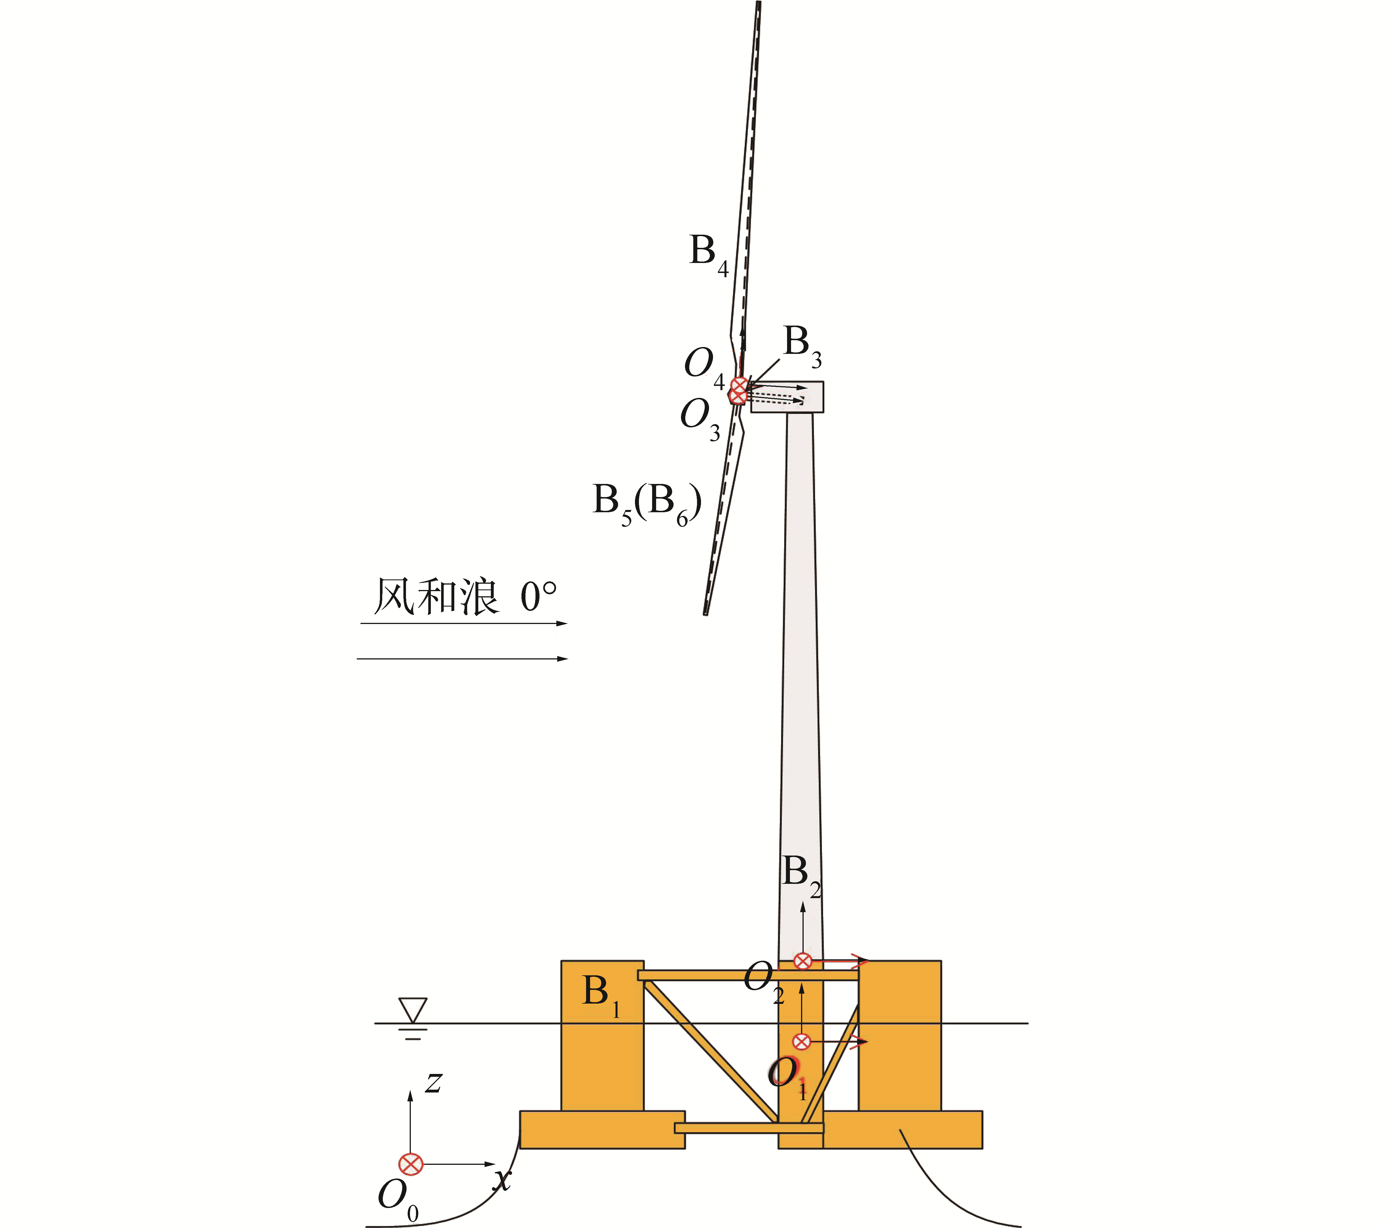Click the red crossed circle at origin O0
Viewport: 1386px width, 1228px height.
pos(410,1164)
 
